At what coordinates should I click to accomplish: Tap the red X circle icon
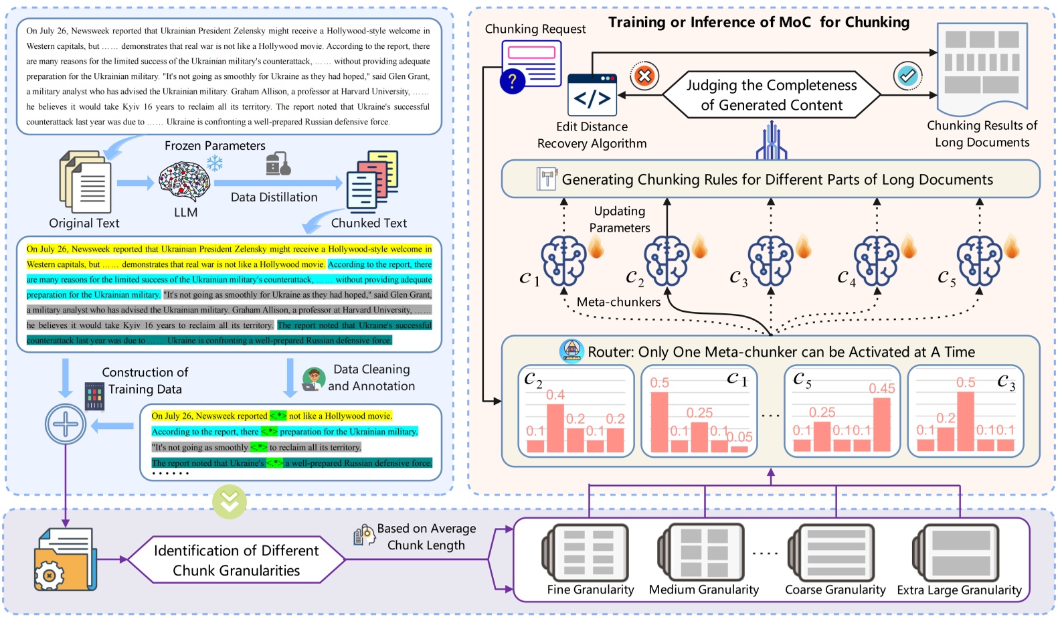[x=644, y=76]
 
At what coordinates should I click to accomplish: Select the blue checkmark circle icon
[x=907, y=76]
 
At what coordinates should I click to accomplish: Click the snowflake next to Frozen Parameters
[x=214, y=163]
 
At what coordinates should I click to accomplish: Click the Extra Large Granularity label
[x=959, y=590]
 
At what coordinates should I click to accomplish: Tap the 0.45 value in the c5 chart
[x=881, y=389]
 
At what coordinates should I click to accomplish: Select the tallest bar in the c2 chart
[x=555, y=428]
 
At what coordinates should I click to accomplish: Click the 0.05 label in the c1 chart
[x=739, y=437]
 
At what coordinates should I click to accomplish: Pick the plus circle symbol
[x=66, y=424]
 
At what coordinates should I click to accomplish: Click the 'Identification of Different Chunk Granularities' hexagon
[x=236, y=560]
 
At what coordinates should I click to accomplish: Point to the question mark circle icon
[x=512, y=82]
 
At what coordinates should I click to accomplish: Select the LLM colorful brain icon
[x=185, y=182]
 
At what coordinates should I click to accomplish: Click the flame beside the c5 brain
[x=1011, y=247]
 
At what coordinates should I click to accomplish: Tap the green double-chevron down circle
[x=230, y=502]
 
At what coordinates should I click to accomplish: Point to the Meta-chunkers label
[x=618, y=302]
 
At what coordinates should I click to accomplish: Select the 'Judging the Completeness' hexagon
[x=771, y=95]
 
